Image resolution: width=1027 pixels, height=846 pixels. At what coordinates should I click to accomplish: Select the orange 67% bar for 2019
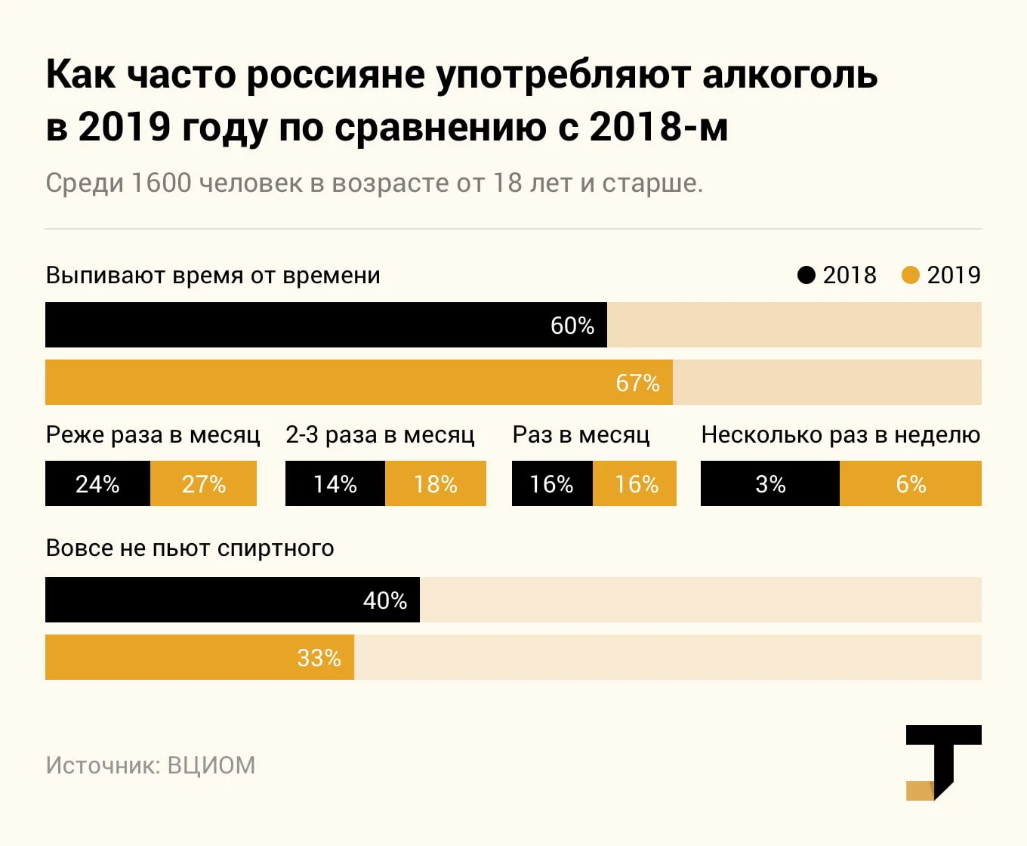tap(359, 382)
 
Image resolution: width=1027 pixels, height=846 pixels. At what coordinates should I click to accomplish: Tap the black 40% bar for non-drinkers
tap(233, 600)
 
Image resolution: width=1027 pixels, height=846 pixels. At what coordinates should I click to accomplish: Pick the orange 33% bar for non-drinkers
tap(199, 657)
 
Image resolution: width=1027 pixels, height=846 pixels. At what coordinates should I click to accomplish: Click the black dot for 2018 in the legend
tap(806, 275)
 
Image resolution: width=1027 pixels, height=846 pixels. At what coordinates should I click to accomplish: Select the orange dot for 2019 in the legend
tap(911, 275)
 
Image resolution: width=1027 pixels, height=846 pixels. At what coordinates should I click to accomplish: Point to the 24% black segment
tap(97, 483)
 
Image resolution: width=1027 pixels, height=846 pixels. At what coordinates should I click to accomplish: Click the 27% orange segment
tap(204, 483)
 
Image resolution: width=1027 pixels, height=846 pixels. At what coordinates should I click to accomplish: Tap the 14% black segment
tap(335, 483)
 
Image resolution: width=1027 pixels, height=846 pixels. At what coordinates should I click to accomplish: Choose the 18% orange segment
tap(436, 483)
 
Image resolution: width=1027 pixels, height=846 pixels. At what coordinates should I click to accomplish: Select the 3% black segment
tap(770, 483)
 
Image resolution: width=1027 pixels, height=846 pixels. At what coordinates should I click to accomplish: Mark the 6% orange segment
tap(911, 483)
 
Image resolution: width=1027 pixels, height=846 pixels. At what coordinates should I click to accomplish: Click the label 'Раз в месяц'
tap(581, 435)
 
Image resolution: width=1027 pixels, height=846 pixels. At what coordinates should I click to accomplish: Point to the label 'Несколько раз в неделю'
tap(840, 435)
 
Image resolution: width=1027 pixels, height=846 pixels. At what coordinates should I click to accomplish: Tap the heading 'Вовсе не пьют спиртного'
tap(190, 548)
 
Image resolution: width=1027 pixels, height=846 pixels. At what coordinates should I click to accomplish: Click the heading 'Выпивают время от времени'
tap(213, 275)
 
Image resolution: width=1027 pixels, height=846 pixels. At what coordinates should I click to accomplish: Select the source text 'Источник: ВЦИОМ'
tap(150, 765)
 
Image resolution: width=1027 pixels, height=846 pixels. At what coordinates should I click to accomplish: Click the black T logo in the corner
tap(944, 759)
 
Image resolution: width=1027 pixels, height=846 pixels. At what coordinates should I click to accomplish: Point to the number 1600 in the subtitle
tap(161, 183)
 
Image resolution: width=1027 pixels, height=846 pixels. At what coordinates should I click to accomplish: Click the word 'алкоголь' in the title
tap(790, 74)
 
